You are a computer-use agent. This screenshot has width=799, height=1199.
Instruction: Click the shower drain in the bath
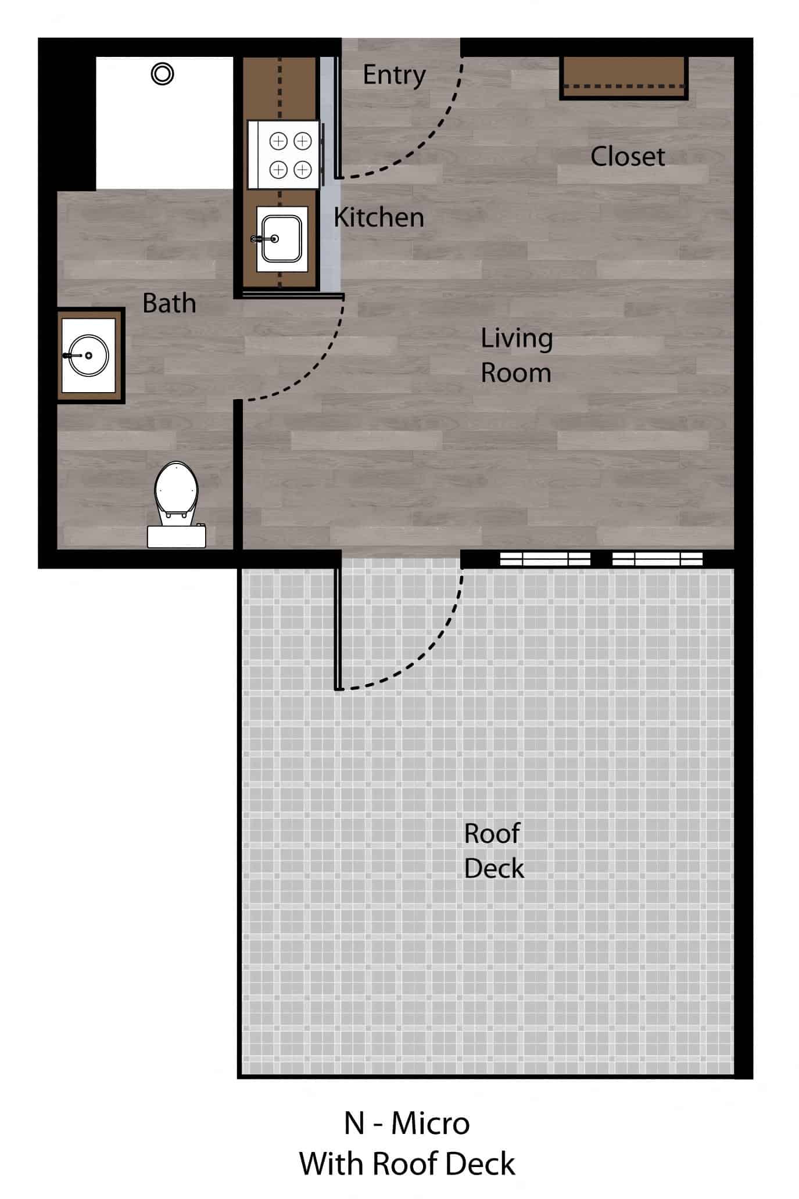pos(162,74)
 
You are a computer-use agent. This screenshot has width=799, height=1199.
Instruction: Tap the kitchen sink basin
pos(282,239)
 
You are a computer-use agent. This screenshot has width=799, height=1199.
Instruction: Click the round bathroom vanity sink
pos(89,356)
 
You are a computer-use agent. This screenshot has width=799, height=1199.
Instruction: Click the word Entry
pos(394,75)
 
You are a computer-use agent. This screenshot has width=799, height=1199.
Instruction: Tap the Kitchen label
pos(378,218)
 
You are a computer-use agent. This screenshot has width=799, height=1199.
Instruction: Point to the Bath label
pos(169,303)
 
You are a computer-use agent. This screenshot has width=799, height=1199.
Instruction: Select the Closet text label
pos(628,157)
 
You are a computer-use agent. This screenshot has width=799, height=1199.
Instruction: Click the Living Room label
pos(516,355)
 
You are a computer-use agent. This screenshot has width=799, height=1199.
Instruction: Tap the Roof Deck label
pos(493,850)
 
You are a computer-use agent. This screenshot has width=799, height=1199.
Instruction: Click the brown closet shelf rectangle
pos(624,78)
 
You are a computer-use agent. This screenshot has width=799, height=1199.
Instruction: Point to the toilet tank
pos(177,536)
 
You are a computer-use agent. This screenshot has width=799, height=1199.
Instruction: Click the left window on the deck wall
pos(545,559)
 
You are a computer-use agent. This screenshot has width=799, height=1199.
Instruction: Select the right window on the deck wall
pos(657,559)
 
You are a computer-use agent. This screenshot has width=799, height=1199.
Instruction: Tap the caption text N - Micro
pos(407,1123)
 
